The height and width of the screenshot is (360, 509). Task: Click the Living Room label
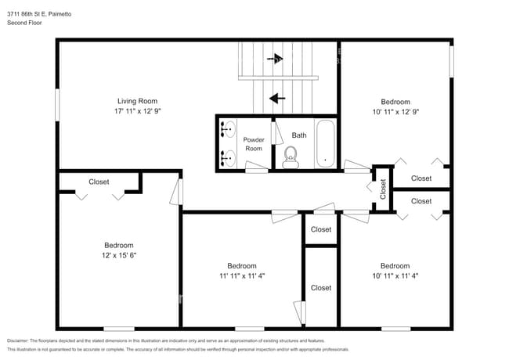click(x=137, y=101)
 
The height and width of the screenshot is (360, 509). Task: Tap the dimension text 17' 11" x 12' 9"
click(x=137, y=112)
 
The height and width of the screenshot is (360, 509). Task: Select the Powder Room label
click(x=254, y=144)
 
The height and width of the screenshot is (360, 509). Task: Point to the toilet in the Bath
click(x=291, y=161)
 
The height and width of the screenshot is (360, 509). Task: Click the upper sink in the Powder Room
click(x=228, y=128)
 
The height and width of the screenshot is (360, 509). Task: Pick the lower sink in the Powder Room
click(x=228, y=157)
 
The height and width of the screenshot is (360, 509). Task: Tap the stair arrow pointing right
click(x=274, y=58)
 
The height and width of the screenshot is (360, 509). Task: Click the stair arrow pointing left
click(x=275, y=99)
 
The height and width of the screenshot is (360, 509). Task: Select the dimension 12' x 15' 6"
click(x=115, y=255)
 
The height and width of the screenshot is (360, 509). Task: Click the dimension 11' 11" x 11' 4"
click(x=242, y=275)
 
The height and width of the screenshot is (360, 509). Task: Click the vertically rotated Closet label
click(x=383, y=189)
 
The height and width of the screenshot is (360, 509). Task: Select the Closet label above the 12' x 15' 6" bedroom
click(x=99, y=182)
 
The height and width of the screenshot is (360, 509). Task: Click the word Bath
click(x=299, y=135)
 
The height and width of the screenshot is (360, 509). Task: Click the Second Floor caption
click(x=24, y=23)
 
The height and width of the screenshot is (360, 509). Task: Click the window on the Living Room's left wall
click(x=57, y=105)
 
